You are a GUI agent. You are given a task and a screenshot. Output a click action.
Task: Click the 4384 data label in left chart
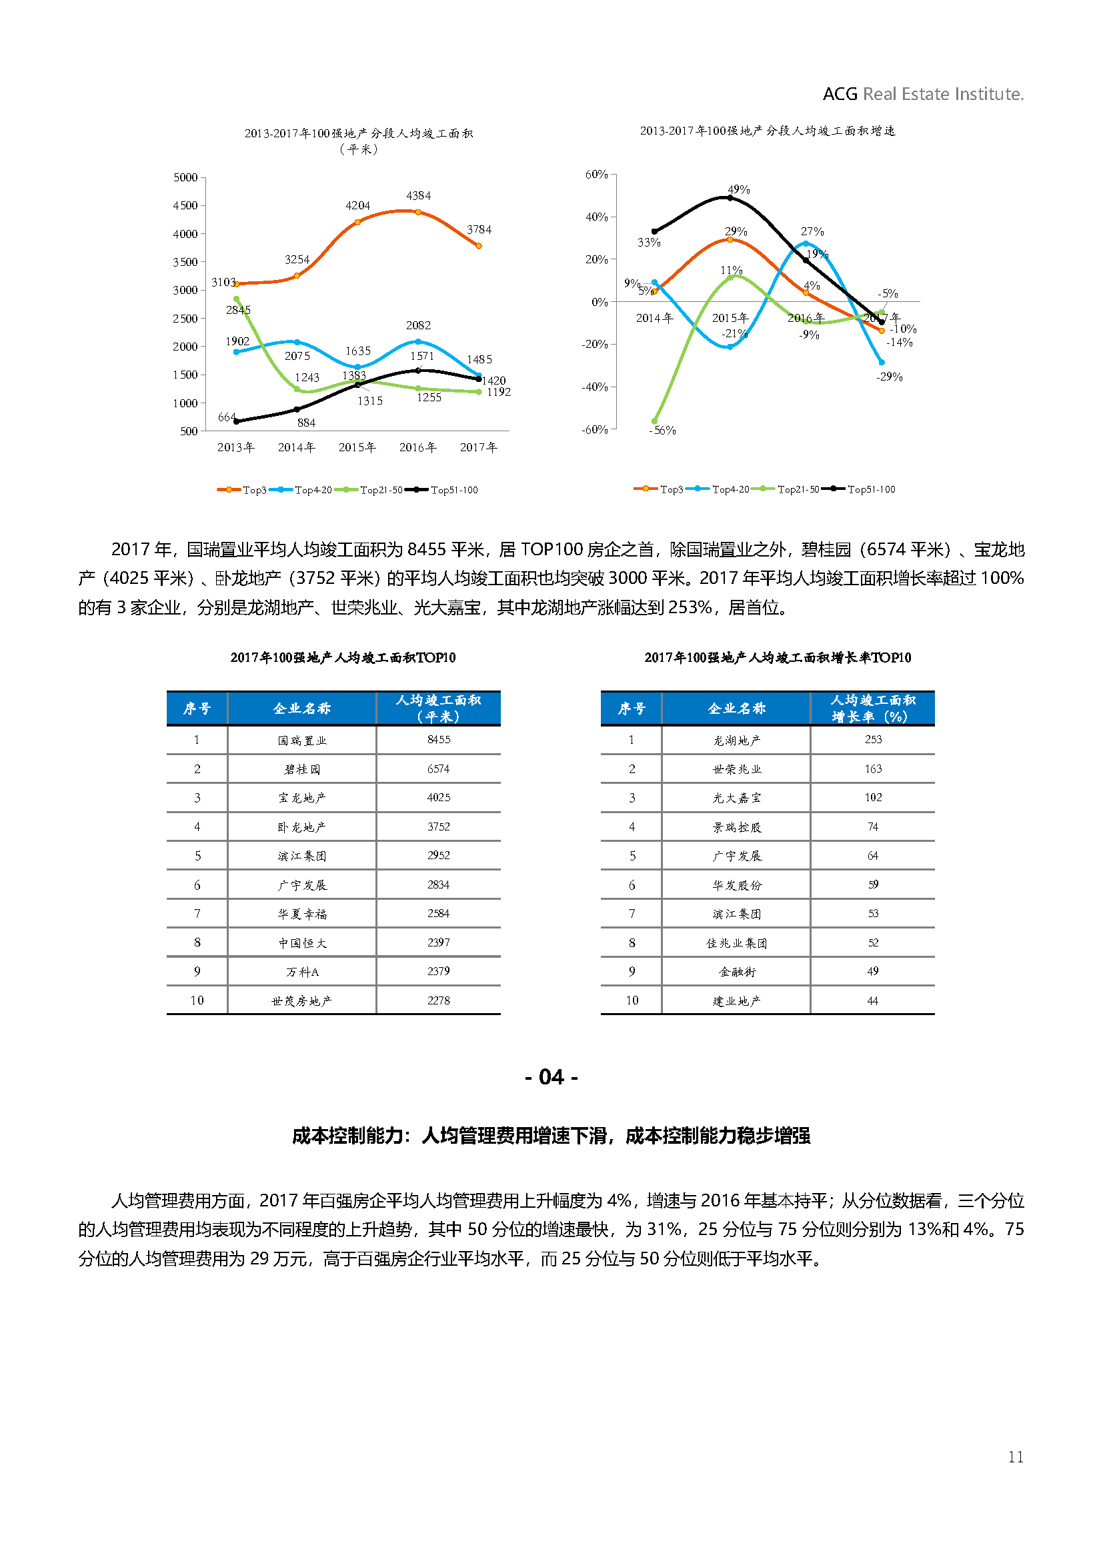point(418,195)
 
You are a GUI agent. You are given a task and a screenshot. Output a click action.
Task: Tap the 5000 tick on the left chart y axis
point(185,177)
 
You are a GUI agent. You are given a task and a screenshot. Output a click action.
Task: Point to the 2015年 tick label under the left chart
point(357,447)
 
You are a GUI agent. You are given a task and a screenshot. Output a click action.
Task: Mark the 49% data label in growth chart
point(739,189)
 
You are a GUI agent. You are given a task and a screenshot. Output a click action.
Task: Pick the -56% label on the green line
point(663,431)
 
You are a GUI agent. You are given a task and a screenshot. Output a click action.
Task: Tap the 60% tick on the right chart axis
point(596,175)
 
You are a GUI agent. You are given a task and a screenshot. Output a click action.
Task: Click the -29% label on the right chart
point(889,377)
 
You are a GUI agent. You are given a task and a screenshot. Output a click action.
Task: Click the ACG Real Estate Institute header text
point(923,94)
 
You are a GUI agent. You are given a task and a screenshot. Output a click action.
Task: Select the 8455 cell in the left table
point(439,739)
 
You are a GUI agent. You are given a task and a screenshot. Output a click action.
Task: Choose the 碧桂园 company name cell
point(302,769)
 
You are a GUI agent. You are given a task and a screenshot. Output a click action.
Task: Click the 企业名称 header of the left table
point(302,709)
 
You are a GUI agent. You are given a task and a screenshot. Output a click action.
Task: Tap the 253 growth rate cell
point(874,739)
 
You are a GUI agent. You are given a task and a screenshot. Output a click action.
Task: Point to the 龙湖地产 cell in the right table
point(737,740)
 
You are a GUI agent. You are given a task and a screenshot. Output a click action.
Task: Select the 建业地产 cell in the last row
point(737,1001)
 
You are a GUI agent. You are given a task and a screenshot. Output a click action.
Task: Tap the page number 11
point(1016,1456)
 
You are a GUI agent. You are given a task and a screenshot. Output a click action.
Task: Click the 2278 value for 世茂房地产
point(439,1000)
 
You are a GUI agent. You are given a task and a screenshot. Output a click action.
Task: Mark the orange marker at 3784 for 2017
point(479,246)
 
